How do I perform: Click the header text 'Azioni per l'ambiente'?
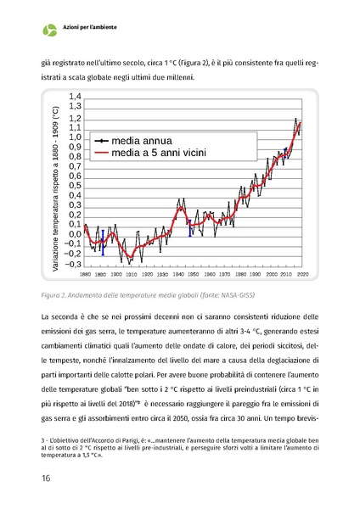point(90,28)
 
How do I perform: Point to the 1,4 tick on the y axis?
point(74,98)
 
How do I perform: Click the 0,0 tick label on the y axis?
point(74,234)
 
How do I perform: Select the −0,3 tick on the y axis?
point(72,264)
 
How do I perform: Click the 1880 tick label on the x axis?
point(86,275)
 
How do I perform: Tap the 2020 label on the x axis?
point(302,275)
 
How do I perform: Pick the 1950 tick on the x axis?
point(194,275)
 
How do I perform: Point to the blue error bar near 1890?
point(102,242)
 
